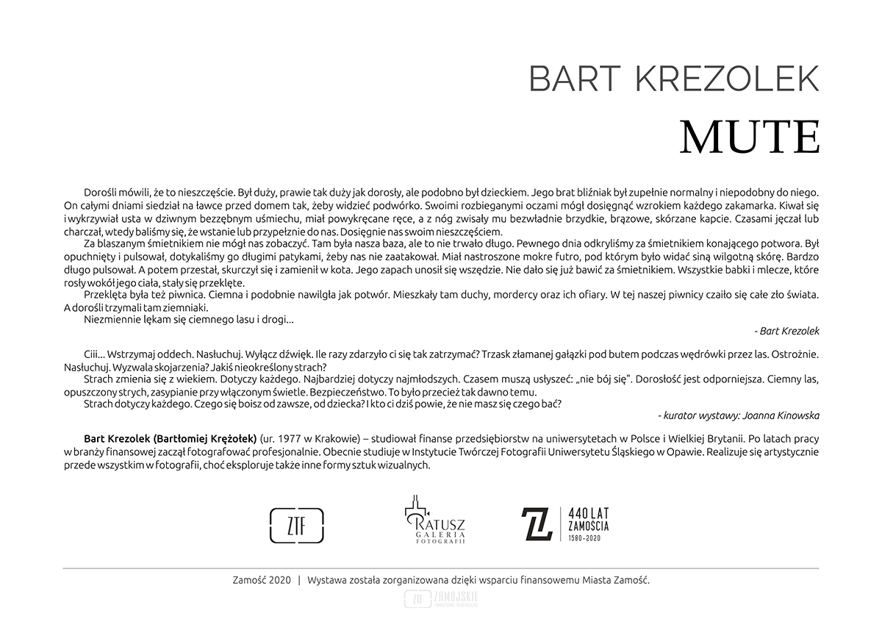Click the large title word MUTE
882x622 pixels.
tap(750, 137)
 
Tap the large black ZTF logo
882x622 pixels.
tap(298, 524)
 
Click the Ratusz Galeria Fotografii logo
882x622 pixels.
tap(434, 521)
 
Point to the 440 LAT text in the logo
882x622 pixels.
tap(589, 512)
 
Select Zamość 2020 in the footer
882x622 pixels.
tap(261, 579)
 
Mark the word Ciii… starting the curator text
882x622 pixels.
tap(96, 354)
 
